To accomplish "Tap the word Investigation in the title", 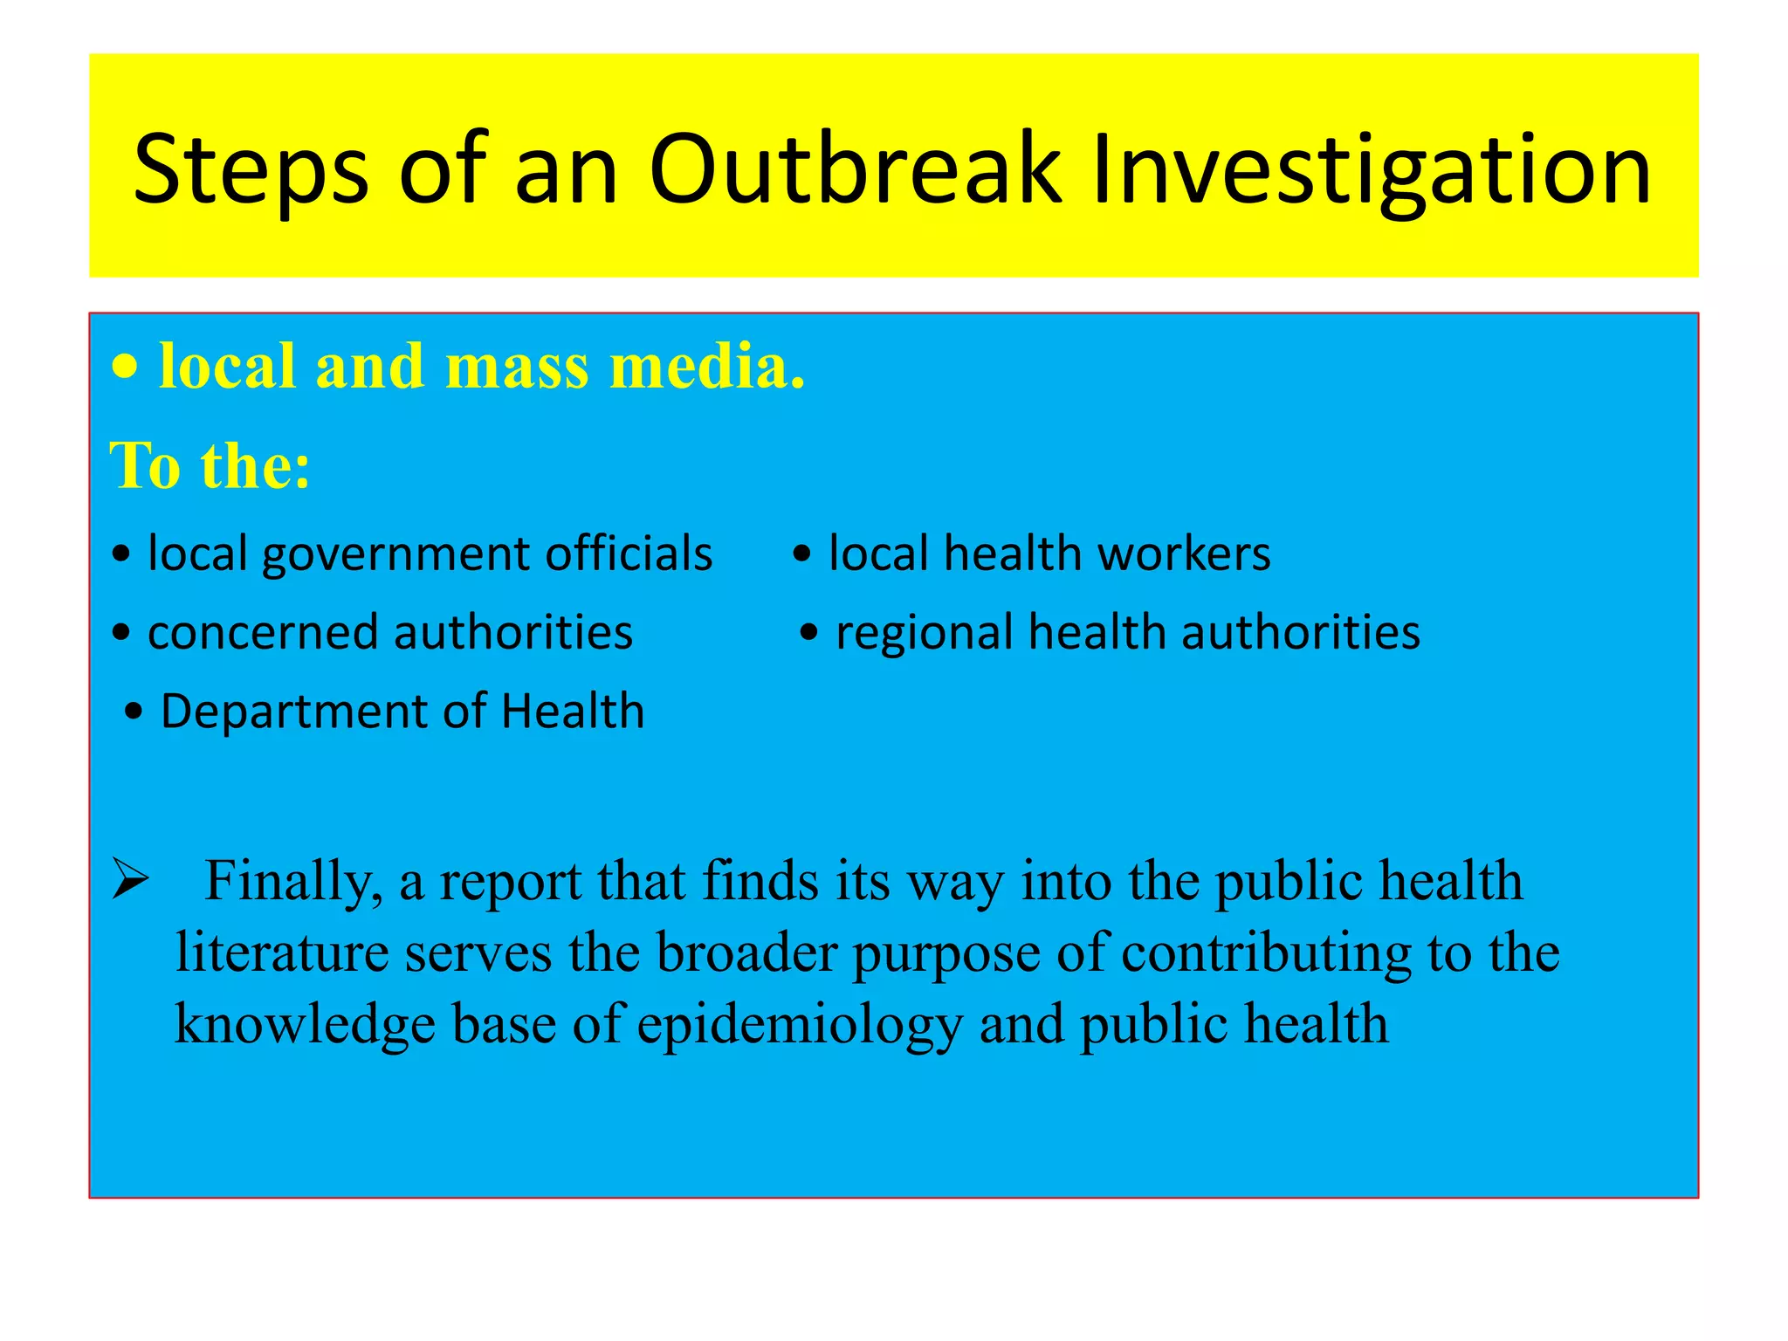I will coord(1371,170).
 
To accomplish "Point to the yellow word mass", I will coord(517,367).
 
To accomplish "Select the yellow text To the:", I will coord(210,465).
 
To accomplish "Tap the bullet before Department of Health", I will coord(134,712).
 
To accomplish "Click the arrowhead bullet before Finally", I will coord(131,880).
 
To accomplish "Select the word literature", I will coord(281,952).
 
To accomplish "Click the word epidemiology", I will coord(799,1025).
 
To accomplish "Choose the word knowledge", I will coord(305,1025).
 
